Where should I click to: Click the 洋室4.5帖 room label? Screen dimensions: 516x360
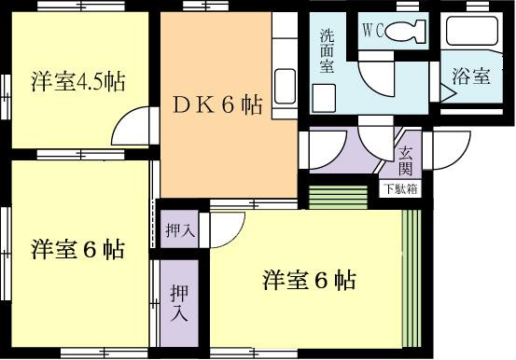pyautogui.click(x=78, y=81)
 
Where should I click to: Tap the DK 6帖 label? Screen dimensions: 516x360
pyautogui.click(x=217, y=105)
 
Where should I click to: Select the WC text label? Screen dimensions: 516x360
pyautogui.click(x=373, y=31)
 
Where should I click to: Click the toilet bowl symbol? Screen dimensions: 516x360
pyautogui.click(x=405, y=31)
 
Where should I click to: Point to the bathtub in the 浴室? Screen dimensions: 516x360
pyautogui.click(x=471, y=31)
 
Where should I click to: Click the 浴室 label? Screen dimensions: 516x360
pyautogui.click(x=471, y=76)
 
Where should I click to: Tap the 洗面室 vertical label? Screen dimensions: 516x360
pyautogui.click(x=328, y=51)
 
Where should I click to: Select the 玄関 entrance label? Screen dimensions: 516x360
pyautogui.click(x=405, y=161)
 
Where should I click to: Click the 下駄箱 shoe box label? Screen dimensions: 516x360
pyautogui.click(x=401, y=189)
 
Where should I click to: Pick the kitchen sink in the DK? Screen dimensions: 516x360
pyautogui.click(x=285, y=86)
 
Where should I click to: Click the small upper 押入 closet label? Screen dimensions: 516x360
pyautogui.click(x=180, y=230)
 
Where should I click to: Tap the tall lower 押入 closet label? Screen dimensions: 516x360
pyautogui.click(x=179, y=303)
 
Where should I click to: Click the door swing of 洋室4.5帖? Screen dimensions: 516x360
pyautogui.click(x=132, y=126)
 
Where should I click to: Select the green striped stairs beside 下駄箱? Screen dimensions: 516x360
pyautogui.click(x=338, y=197)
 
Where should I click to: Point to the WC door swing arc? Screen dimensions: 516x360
pyautogui.click(x=376, y=78)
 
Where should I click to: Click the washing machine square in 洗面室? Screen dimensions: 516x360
pyautogui.click(x=324, y=98)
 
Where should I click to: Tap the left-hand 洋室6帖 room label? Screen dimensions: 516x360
pyautogui.click(x=78, y=249)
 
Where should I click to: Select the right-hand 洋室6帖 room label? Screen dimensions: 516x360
pyautogui.click(x=310, y=281)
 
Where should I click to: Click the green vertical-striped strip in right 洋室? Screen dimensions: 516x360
pyautogui.click(x=411, y=278)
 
